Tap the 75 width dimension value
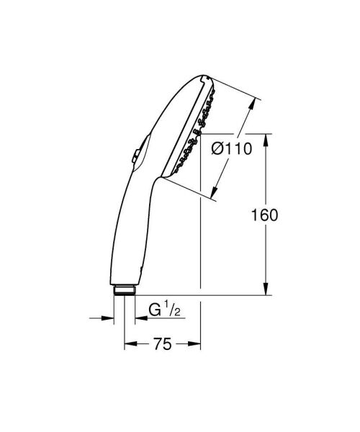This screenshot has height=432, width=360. pyautogui.click(x=163, y=345)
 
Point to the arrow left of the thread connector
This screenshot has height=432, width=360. pyautogui.click(x=109, y=317)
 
